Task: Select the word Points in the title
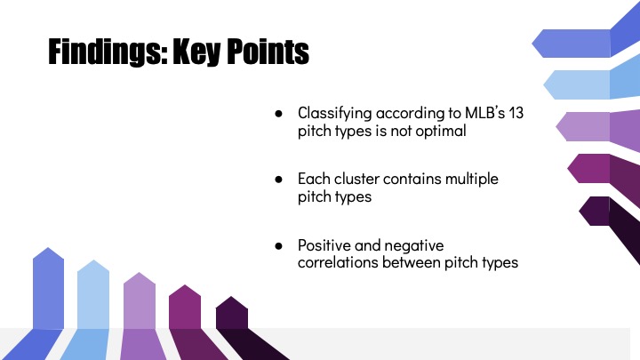pos(268,51)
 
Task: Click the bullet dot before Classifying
pos(279,114)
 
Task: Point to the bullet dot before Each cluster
pos(279,180)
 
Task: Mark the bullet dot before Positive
pos(279,245)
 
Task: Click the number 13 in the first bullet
pos(516,113)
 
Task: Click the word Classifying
pos(335,114)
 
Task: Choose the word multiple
pos(472,180)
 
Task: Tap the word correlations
pos(338,262)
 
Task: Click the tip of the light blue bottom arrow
pos(93,260)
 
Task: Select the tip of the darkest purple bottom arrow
pos(231,296)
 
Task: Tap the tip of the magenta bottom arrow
pos(185,285)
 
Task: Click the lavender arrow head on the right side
pos(583,126)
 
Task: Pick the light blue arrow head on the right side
pos(577,84)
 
